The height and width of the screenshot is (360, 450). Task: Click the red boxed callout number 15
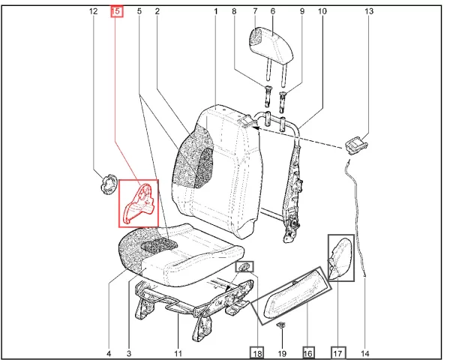[x=117, y=11]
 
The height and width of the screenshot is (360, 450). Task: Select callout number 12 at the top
[x=93, y=11]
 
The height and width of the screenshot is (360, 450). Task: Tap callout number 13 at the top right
[x=369, y=11]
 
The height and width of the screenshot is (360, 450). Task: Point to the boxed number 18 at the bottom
[x=256, y=352]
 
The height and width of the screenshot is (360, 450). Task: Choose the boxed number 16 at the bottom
[x=308, y=352]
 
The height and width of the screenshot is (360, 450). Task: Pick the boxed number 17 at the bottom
[x=339, y=352]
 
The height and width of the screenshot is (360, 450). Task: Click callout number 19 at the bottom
[x=282, y=353]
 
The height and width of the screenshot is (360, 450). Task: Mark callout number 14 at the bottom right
[x=364, y=353]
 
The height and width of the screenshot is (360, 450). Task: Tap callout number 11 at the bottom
[x=178, y=353]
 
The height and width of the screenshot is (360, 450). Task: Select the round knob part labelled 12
[x=109, y=184]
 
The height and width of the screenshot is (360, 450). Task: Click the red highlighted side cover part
[x=139, y=203]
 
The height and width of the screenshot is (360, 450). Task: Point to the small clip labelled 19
[x=281, y=325]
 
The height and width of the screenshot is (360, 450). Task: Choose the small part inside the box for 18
[x=244, y=267]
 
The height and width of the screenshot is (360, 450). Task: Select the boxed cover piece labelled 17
[x=340, y=258]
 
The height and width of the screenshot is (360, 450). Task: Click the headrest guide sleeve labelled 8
[x=268, y=97]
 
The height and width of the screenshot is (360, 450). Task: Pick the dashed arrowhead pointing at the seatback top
[x=256, y=128]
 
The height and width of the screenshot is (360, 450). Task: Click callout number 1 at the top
[x=216, y=11]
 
